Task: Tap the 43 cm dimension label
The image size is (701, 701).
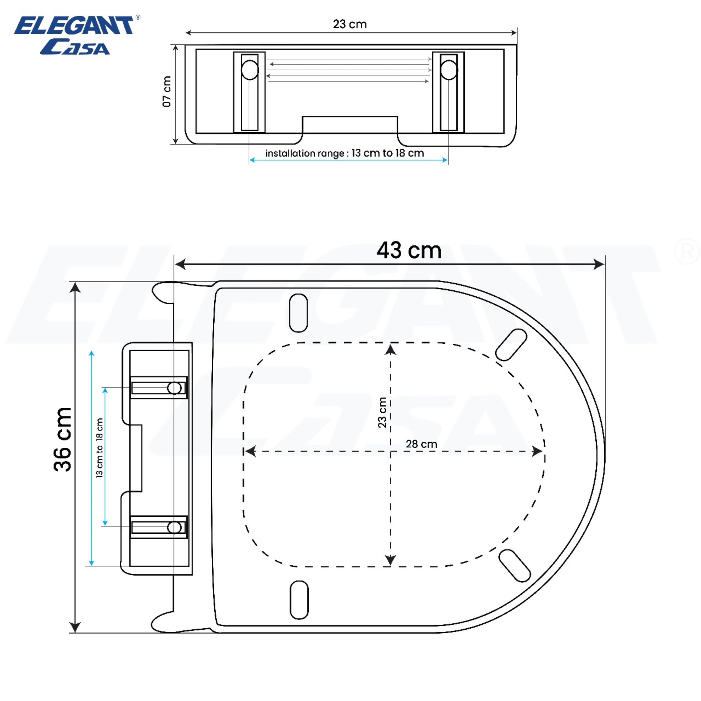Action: click(x=409, y=250)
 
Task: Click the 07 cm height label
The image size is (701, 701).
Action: click(x=166, y=91)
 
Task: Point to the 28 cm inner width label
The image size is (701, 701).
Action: click(x=421, y=444)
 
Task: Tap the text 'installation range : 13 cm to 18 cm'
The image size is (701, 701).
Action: click(x=345, y=153)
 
